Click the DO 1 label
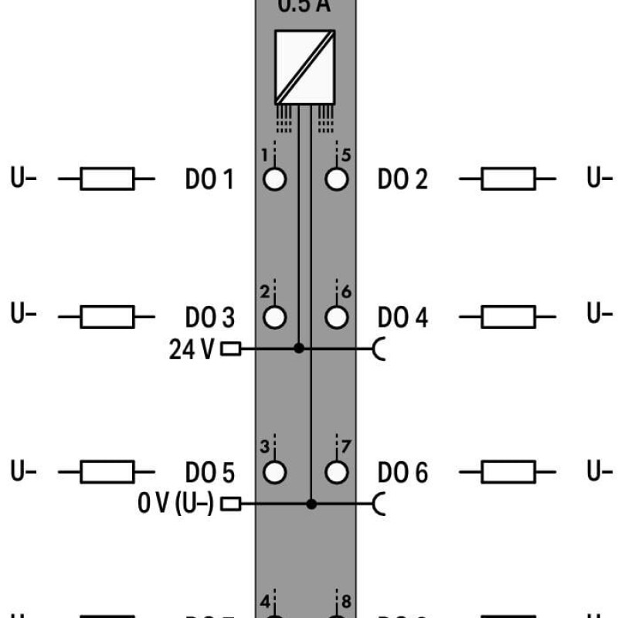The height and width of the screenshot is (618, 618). (209, 180)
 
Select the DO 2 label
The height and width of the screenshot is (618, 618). (402, 180)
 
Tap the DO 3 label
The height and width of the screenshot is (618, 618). (209, 317)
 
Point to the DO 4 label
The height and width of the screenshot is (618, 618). (402, 317)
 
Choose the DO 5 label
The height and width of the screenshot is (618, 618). (209, 472)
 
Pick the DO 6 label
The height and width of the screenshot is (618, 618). (402, 472)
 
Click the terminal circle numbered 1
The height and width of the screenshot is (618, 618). (274, 180)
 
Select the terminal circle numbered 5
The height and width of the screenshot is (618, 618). (336, 180)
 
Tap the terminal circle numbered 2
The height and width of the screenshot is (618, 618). (274, 317)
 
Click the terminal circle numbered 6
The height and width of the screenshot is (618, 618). (336, 317)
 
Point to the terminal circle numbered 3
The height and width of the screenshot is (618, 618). (274, 472)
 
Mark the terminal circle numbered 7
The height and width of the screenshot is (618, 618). (336, 472)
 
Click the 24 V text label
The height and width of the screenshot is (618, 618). (192, 350)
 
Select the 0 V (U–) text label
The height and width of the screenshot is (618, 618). (176, 504)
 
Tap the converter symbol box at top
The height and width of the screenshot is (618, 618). (304, 66)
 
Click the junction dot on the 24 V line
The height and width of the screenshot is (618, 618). (299, 349)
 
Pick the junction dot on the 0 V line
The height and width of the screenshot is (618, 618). (311, 504)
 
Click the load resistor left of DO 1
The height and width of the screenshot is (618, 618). (107, 180)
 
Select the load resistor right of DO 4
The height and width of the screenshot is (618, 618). (508, 317)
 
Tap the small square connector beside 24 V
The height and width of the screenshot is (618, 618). (230, 349)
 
